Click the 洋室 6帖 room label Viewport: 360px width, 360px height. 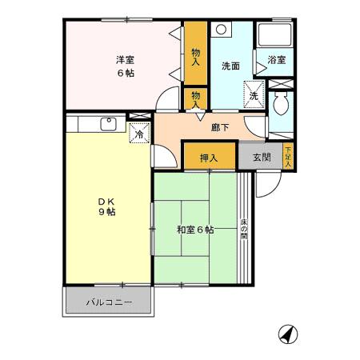pyautogui.click(x=123, y=63)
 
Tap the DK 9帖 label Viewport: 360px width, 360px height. pyautogui.click(x=107, y=206)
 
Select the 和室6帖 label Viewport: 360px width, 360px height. pyautogui.click(x=195, y=230)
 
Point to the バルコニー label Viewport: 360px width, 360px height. pyautogui.click(x=108, y=303)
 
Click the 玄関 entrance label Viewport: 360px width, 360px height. pyautogui.click(x=262, y=157)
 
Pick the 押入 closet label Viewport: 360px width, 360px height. pyautogui.click(x=210, y=158)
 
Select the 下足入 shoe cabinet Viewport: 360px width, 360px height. pyautogui.click(x=288, y=154)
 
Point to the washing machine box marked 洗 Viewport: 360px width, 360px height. pyautogui.click(x=253, y=94)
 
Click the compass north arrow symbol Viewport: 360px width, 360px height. pyautogui.click(x=286, y=334)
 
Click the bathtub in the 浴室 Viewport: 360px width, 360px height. pyautogui.click(x=275, y=35)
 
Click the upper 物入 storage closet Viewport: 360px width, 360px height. pyautogui.click(x=195, y=54)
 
